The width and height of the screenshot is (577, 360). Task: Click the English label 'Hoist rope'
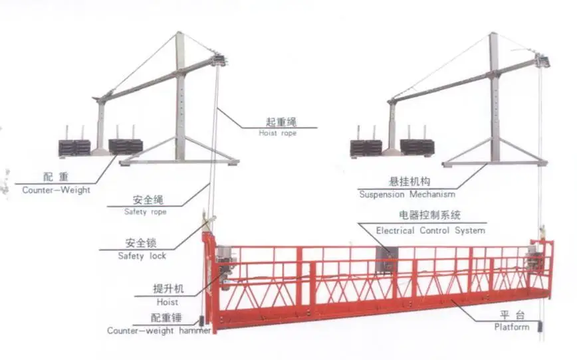click(277, 133)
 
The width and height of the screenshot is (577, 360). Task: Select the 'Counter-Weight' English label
click(57, 189)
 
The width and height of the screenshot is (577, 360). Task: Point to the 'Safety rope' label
click(145, 212)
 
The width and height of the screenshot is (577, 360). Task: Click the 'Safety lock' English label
click(142, 256)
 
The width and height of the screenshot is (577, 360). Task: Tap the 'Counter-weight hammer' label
click(159, 330)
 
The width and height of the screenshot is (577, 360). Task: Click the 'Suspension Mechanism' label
click(407, 195)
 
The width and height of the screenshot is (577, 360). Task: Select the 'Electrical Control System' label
click(430, 230)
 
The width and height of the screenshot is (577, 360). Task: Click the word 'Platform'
click(512, 327)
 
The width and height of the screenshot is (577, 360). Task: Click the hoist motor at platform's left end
click(223, 266)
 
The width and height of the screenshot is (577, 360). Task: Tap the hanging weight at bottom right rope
click(540, 327)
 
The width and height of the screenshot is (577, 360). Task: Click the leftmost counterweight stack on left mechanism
click(74, 147)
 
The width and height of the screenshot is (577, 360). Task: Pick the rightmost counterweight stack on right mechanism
click(417, 147)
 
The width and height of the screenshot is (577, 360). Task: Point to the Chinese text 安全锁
click(141, 243)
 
